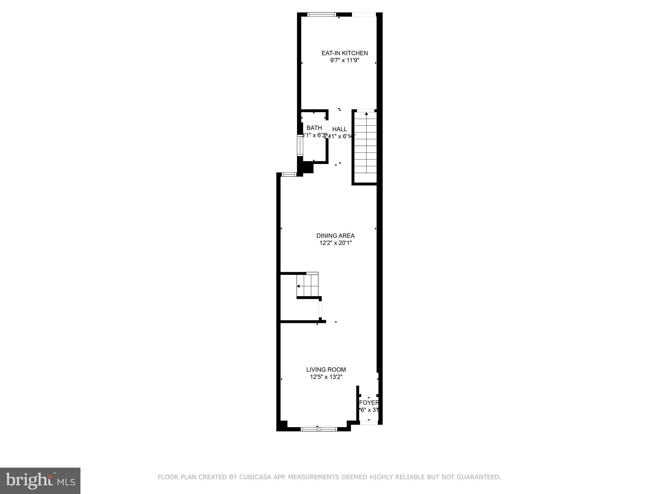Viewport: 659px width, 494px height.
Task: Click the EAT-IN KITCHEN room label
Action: tap(345, 53)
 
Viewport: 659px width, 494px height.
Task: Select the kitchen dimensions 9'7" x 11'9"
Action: tap(345, 60)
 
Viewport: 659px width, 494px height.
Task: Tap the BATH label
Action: tap(314, 128)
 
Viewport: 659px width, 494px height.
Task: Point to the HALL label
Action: tap(340, 129)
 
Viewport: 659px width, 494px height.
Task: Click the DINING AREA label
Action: tap(335, 236)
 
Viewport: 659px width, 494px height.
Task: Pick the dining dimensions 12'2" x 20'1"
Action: tap(335, 243)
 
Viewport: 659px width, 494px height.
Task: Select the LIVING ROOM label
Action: tap(326, 370)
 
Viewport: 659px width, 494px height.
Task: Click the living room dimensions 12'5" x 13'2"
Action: tap(326, 377)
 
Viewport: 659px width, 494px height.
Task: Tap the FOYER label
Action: tap(369, 403)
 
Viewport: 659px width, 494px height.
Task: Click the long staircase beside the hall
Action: tap(366, 146)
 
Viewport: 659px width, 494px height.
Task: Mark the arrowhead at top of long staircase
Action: tap(366, 114)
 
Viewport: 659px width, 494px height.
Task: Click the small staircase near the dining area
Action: tap(307, 286)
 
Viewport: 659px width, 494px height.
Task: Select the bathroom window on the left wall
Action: tap(300, 146)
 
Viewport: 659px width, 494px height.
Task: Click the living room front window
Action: tap(319, 429)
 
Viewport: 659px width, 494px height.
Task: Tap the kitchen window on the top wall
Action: tap(321, 14)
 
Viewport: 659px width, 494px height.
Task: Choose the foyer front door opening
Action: tap(369, 422)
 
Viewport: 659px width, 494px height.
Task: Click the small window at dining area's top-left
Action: tap(289, 175)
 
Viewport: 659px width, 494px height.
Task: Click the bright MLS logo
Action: tap(40, 481)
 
